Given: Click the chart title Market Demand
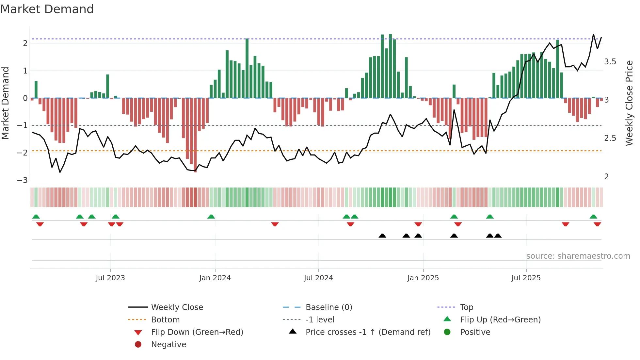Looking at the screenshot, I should [x=47, y=9].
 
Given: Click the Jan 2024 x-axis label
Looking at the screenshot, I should [x=215, y=278].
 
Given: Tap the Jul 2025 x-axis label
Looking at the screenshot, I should [x=526, y=278].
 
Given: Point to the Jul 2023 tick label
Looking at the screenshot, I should [x=110, y=278].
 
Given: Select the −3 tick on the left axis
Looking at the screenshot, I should [x=23, y=180].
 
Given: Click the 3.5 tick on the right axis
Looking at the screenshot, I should [x=610, y=62].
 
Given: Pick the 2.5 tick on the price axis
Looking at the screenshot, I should [x=610, y=138].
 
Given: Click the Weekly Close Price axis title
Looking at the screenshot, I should [x=629, y=103].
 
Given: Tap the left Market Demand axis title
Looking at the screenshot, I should [x=6, y=103].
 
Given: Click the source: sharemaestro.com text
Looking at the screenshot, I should [x=578, y=256].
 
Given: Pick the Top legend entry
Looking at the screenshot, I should [x=467, y=307].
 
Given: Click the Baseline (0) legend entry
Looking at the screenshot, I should [x=329, y=307].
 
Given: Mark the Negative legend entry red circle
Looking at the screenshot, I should [x=138, y=345].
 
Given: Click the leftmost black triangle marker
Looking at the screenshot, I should [x=382, y=236].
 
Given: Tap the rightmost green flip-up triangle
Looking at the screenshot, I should [x=593, y=217].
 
